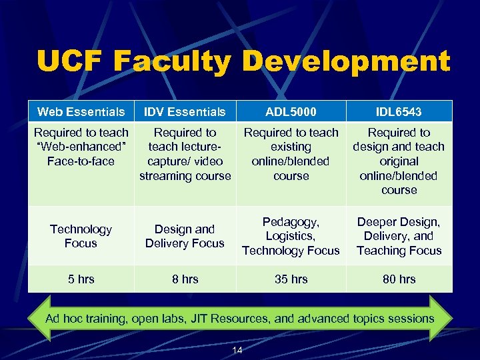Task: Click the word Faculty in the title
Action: point(172,62)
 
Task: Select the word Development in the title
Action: point(345,62)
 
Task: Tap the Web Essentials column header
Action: point(81,111)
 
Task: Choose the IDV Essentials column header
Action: point(185,111)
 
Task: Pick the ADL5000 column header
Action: point(291,111)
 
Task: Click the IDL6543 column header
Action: point(399,111)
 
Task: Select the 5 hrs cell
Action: point(81,279)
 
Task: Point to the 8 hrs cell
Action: point(185,279)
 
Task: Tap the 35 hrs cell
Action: point(291,279)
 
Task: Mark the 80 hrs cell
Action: point(399,279)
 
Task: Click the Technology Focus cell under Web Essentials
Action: point(81,236)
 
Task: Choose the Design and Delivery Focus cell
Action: point(185,236)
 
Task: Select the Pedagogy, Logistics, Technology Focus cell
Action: point(291,236)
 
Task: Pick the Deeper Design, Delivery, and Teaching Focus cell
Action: point(399,236)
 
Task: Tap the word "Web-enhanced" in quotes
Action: point(81,147)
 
